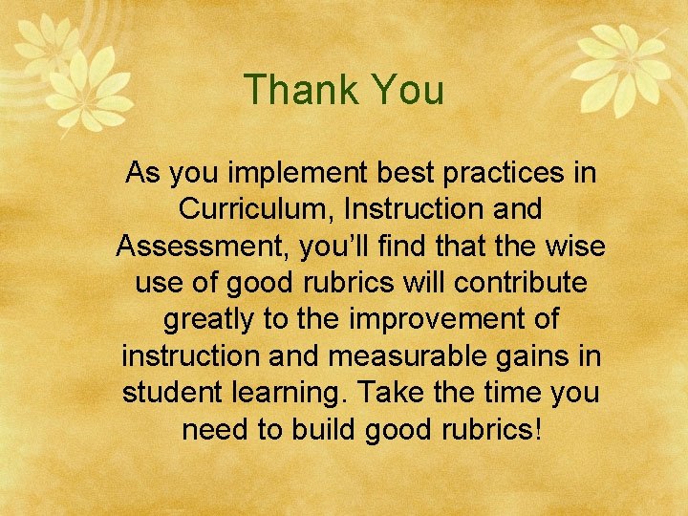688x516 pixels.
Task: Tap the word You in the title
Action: pos(408,91)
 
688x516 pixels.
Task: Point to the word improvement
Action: pos(440,318)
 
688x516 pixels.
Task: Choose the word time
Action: pos(500,391)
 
